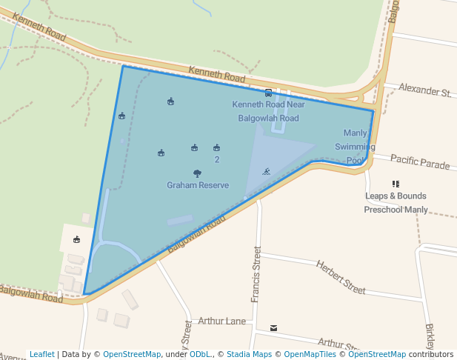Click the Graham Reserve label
(x=198, y=185)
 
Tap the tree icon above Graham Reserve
(x=197, y=173)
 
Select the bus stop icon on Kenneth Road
(x=268, y=93)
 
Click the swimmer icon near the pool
(x=266, y=172)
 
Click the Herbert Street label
(x=341, y=276)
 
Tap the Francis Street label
(x=256, y=274)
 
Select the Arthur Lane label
(x=222, y=321)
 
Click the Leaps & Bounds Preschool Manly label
(x=396, y=203)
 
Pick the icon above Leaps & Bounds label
(x=396, y=184)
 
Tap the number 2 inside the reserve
(x=216, y=160)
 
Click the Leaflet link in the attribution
(x=41, y=355)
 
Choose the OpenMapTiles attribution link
(x=309, y=355)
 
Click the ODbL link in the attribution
(x=200, y=355)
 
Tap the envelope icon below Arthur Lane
(x=274, y=327)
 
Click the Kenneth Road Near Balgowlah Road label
(x=268, y=111)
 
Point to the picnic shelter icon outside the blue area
(x=76, y=239)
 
